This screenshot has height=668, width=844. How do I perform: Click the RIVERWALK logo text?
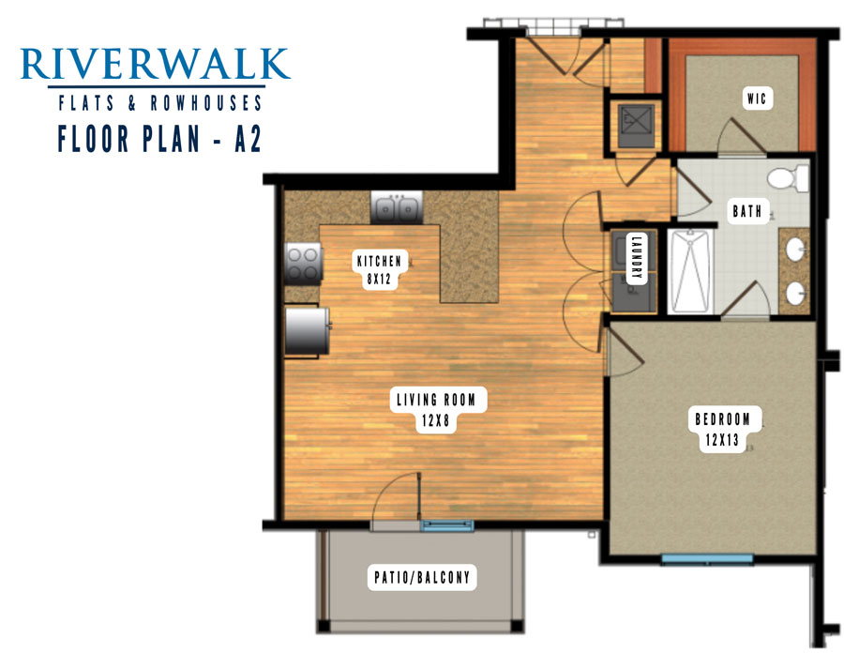pyautogui.click(x=155, y=64)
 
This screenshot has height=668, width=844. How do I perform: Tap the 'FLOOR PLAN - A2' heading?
pyautogui.click(x=159, y=139)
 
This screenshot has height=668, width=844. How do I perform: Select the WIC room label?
pyautogui.click(x=757, y=99)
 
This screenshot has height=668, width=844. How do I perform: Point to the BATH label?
pyautogui.click(x=747, y=211)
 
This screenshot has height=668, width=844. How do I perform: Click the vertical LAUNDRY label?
pyautogui.click(x=636, y=257)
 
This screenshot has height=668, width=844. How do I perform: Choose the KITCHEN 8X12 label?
pyautogui.click(x=380, y=270)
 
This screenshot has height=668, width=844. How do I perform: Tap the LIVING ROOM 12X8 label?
pyautogui.click(x=436, y=409)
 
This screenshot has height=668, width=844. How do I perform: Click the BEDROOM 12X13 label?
pyautogui.click(x=722, y=430)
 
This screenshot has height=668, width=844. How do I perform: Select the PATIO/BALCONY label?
pyautogui.click(x=422, y=578)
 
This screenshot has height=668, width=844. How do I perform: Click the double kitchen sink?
pyautogui.click(x=397, y=207)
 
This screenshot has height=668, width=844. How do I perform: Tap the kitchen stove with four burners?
pyautogui.click(x=303, y=263)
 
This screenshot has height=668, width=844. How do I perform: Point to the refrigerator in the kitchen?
pyautogui.click(x=307, y=330)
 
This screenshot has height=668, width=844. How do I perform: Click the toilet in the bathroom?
pyautogui.click(x=788, y=177)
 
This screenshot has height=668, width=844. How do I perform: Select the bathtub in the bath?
pyautogui.click(x=690, y=271)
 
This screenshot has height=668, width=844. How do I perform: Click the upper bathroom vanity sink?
pyautogui.click(x=795, y=250)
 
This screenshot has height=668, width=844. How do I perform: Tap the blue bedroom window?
pyautogui.click(x=707, y=558)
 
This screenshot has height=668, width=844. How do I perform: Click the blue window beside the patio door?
pyautogui.click(x=447, y=524)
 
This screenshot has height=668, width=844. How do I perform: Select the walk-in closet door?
pyautogui.click(x=741, y=136)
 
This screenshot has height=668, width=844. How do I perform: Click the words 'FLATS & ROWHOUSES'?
pyautogui.click(x=159, y=103)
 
